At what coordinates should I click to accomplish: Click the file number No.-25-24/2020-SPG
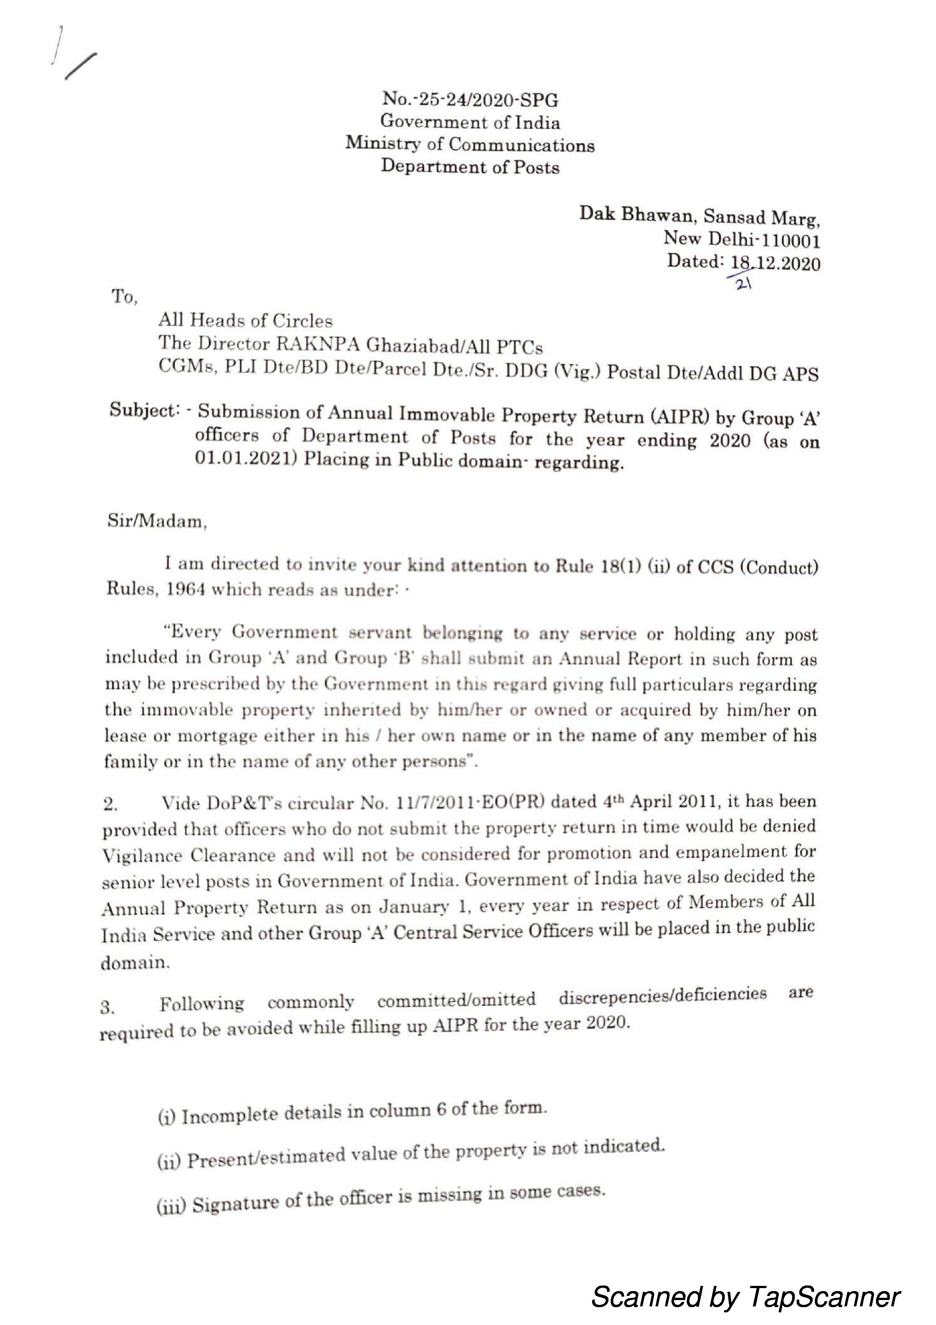point(470,100)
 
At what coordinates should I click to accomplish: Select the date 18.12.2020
point(775,264)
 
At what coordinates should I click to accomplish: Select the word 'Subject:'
point(143,411)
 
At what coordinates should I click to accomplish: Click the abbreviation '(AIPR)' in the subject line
point(681,417)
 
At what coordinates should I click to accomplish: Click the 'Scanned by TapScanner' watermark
point(745,1296)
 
